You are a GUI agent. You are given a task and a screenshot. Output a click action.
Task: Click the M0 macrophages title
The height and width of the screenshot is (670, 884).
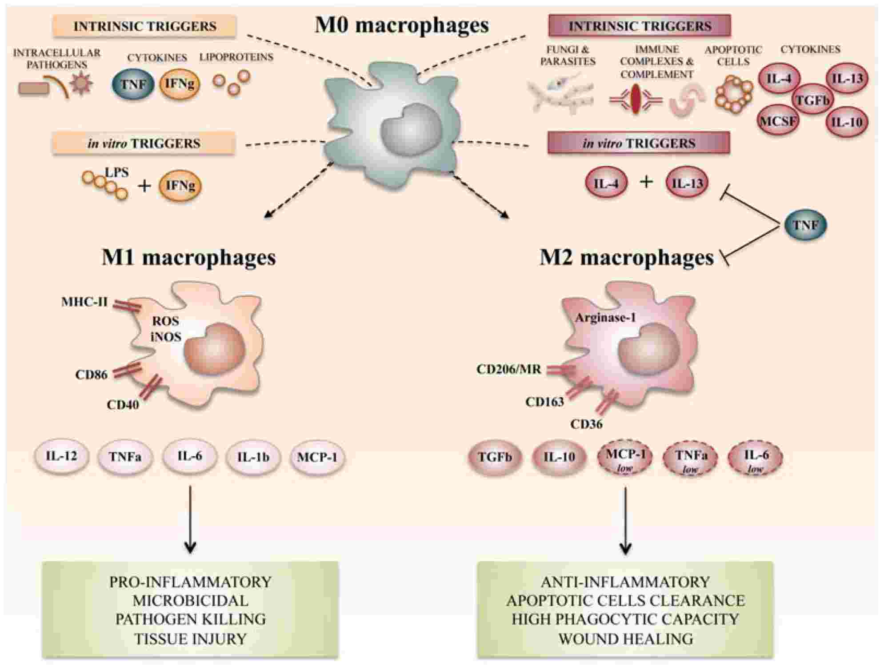tap(401, 25)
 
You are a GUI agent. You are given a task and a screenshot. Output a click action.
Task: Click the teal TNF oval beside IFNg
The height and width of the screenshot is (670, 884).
tap(133, 84)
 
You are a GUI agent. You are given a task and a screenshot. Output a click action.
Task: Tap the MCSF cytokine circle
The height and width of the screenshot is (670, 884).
tap(778, 120)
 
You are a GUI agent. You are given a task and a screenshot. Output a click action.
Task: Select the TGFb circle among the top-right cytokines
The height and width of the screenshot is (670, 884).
tap(812, 100)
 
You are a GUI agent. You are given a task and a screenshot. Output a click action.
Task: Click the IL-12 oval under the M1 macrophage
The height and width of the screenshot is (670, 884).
tap(61, 456)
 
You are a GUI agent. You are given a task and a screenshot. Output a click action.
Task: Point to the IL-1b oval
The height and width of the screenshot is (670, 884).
tap(253, 457)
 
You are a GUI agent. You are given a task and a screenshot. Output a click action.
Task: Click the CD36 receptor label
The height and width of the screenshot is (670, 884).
tap(586, 424)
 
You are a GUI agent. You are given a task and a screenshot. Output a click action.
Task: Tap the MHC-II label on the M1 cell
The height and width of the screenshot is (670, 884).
tap(84, 303)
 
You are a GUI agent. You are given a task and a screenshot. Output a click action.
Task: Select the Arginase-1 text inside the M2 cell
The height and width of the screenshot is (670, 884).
tap(605, 318)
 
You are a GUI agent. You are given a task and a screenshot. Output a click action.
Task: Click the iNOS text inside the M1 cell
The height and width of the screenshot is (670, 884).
tap(166, 337)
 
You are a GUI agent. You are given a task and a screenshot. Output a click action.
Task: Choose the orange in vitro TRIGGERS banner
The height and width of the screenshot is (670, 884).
tap(144, 144)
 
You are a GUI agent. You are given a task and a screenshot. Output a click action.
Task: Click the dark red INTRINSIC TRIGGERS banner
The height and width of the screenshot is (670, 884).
tap(640, 26)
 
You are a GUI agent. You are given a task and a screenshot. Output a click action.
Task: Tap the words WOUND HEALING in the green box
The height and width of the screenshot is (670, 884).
tap(625, 639)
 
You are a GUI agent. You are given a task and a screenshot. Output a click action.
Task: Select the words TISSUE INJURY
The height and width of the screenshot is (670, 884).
tap(190, 639)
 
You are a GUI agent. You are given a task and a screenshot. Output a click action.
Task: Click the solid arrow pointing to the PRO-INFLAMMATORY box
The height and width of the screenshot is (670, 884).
tap(190, 520)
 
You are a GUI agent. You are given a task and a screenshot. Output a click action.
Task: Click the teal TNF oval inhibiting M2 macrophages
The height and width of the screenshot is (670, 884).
tap(805, 225)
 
